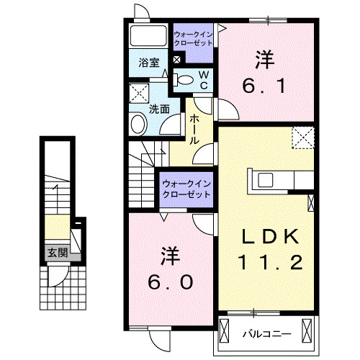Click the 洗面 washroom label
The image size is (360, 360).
pos(158,110)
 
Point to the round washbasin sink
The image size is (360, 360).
pos(138,125)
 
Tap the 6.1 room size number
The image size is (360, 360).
pos(266,86)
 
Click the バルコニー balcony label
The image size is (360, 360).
pos(266,334)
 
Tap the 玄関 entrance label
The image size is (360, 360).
pos(58,253)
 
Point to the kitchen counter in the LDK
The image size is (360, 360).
pos(281,178)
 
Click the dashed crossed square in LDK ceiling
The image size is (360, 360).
pos(303,138)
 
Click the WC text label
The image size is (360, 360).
pos(204,80)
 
